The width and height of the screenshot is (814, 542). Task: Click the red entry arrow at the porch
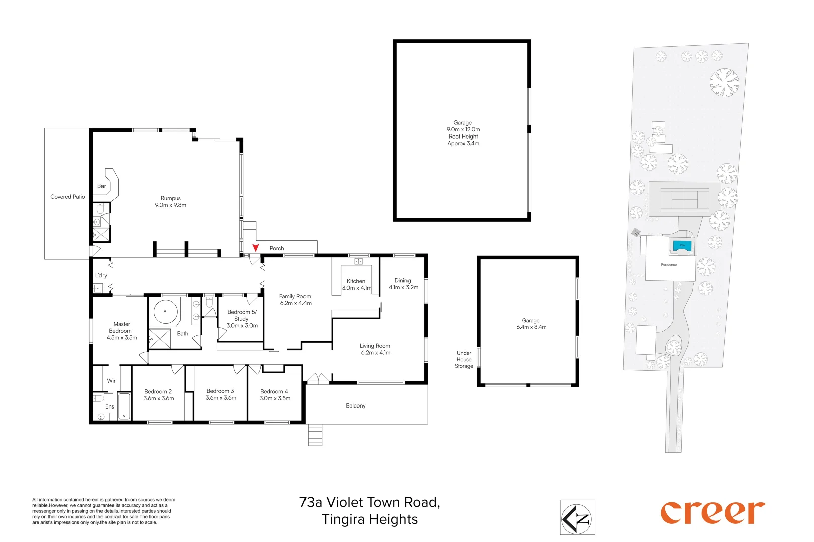coord(256,247)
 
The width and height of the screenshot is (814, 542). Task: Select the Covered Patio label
coord(68,197)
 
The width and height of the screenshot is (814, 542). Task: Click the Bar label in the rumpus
coord(101,186)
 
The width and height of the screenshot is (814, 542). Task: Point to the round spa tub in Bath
coord(166,312)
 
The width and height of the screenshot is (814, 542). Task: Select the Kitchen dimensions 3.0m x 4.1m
coord(357,288)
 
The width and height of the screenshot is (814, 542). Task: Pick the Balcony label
coord(356,405)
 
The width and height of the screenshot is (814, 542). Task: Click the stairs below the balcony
coord(315,435)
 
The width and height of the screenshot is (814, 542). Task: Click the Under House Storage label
coord(464,359)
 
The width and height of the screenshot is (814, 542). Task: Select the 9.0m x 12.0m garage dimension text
coord(463,129)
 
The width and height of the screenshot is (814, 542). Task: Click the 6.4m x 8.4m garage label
coord(531,324)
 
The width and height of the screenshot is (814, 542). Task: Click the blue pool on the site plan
coord(682,246)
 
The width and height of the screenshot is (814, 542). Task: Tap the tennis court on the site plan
coord(685,199)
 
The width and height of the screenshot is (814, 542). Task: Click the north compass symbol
coord(577,517)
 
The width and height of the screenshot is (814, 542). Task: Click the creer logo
coord(713,513)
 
